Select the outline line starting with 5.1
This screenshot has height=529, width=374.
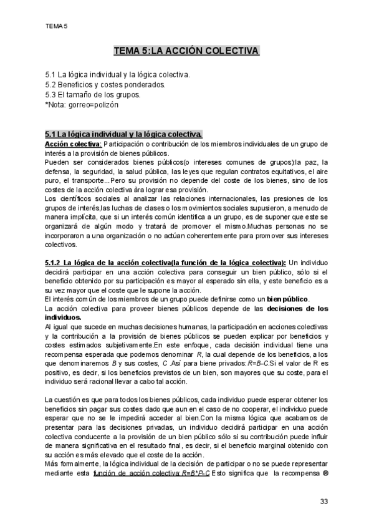tap(118, 75)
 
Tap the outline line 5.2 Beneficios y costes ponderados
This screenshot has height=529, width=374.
tap(105, 85)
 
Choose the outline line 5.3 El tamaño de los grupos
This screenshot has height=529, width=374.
tap(93, 95)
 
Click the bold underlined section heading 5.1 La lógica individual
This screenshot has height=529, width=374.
tap(123, 134)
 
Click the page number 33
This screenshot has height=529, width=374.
tap(324, 502)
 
